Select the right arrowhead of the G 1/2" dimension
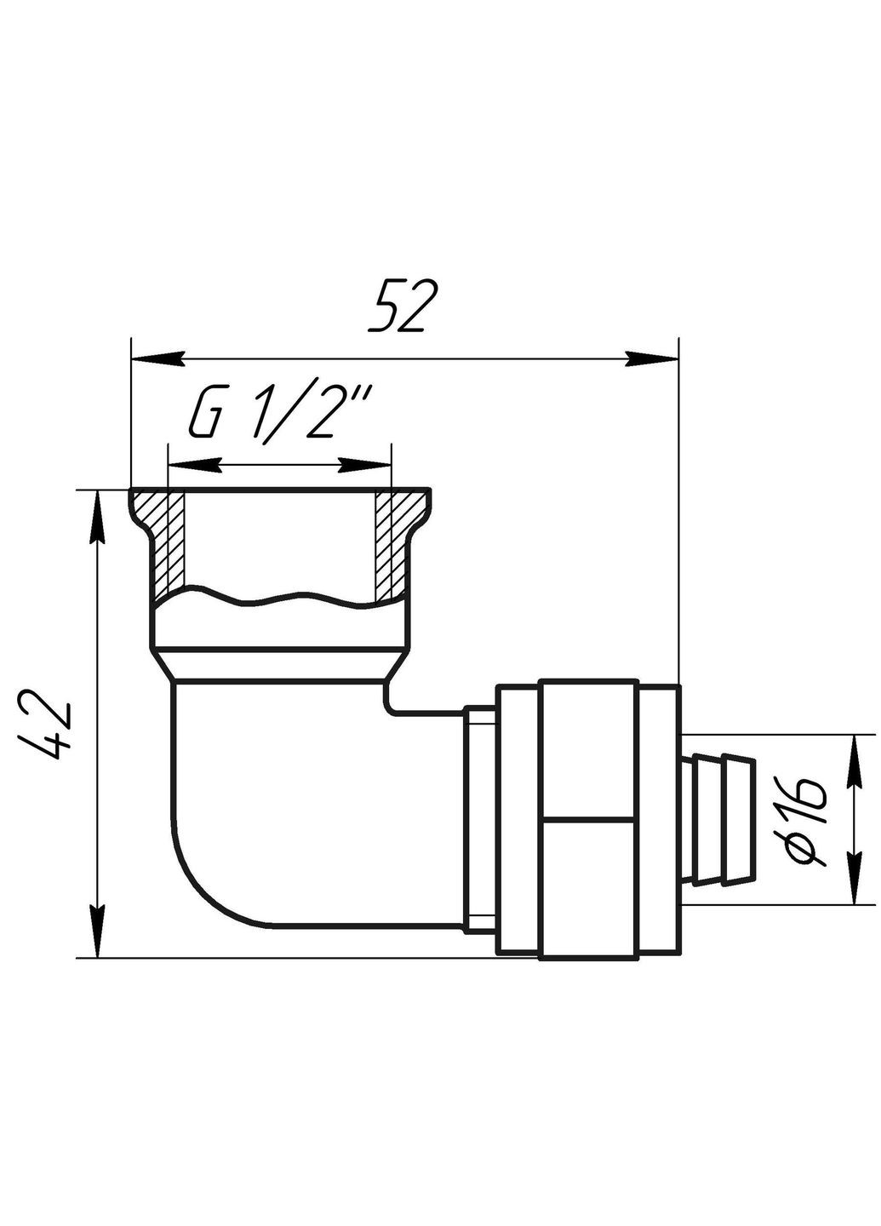[x=366, y=465]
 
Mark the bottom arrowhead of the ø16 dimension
[x=853, y=877]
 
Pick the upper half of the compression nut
[x=587, y=749]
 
